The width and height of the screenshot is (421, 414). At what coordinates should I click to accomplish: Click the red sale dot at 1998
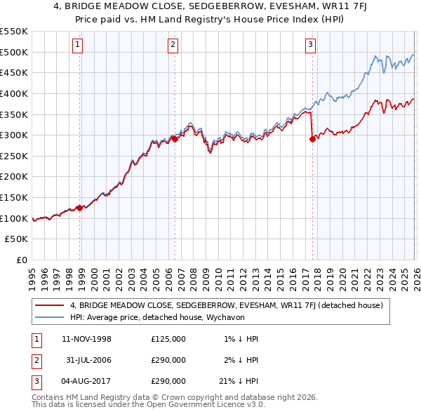80,208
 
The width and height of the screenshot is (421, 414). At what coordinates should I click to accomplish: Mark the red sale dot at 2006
175,139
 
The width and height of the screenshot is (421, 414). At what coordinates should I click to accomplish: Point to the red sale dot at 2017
312,139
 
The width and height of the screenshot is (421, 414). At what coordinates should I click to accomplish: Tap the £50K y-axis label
17,239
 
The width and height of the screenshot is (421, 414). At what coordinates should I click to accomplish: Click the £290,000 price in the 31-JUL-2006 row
168,360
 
